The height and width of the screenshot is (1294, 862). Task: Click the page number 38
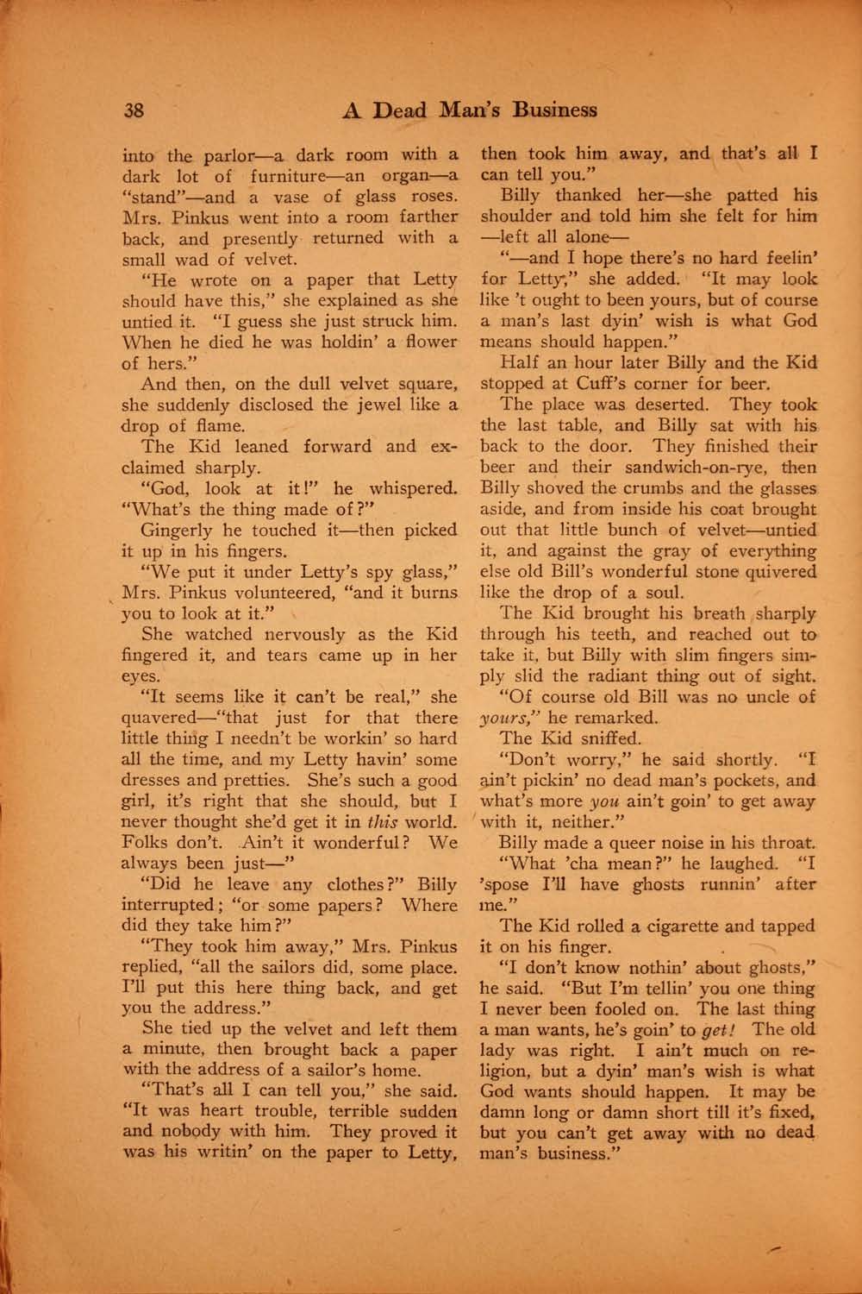pos(134,110)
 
